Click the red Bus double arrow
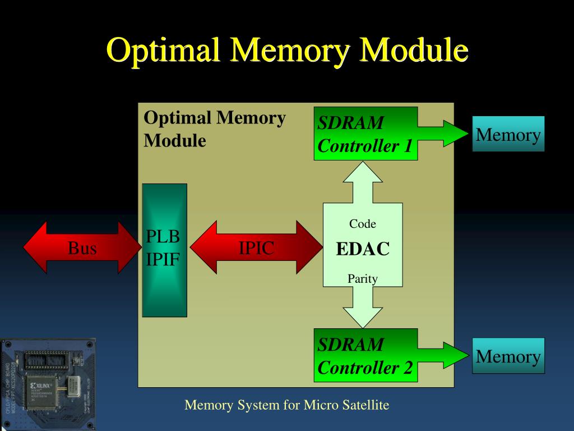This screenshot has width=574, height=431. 82,247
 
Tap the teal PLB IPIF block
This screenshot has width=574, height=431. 164,250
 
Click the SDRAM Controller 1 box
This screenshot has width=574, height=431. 365,134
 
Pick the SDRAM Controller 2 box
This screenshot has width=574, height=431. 365,355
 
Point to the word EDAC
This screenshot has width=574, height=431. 363,249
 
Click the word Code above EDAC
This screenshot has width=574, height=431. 363,224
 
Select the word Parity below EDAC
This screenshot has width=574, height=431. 363,278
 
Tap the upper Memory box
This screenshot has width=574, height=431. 508,134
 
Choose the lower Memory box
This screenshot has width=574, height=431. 508,356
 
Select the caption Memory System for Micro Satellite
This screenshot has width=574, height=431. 287,405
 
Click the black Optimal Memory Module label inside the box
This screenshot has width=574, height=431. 214,129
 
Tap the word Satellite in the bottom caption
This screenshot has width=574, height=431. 362,405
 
